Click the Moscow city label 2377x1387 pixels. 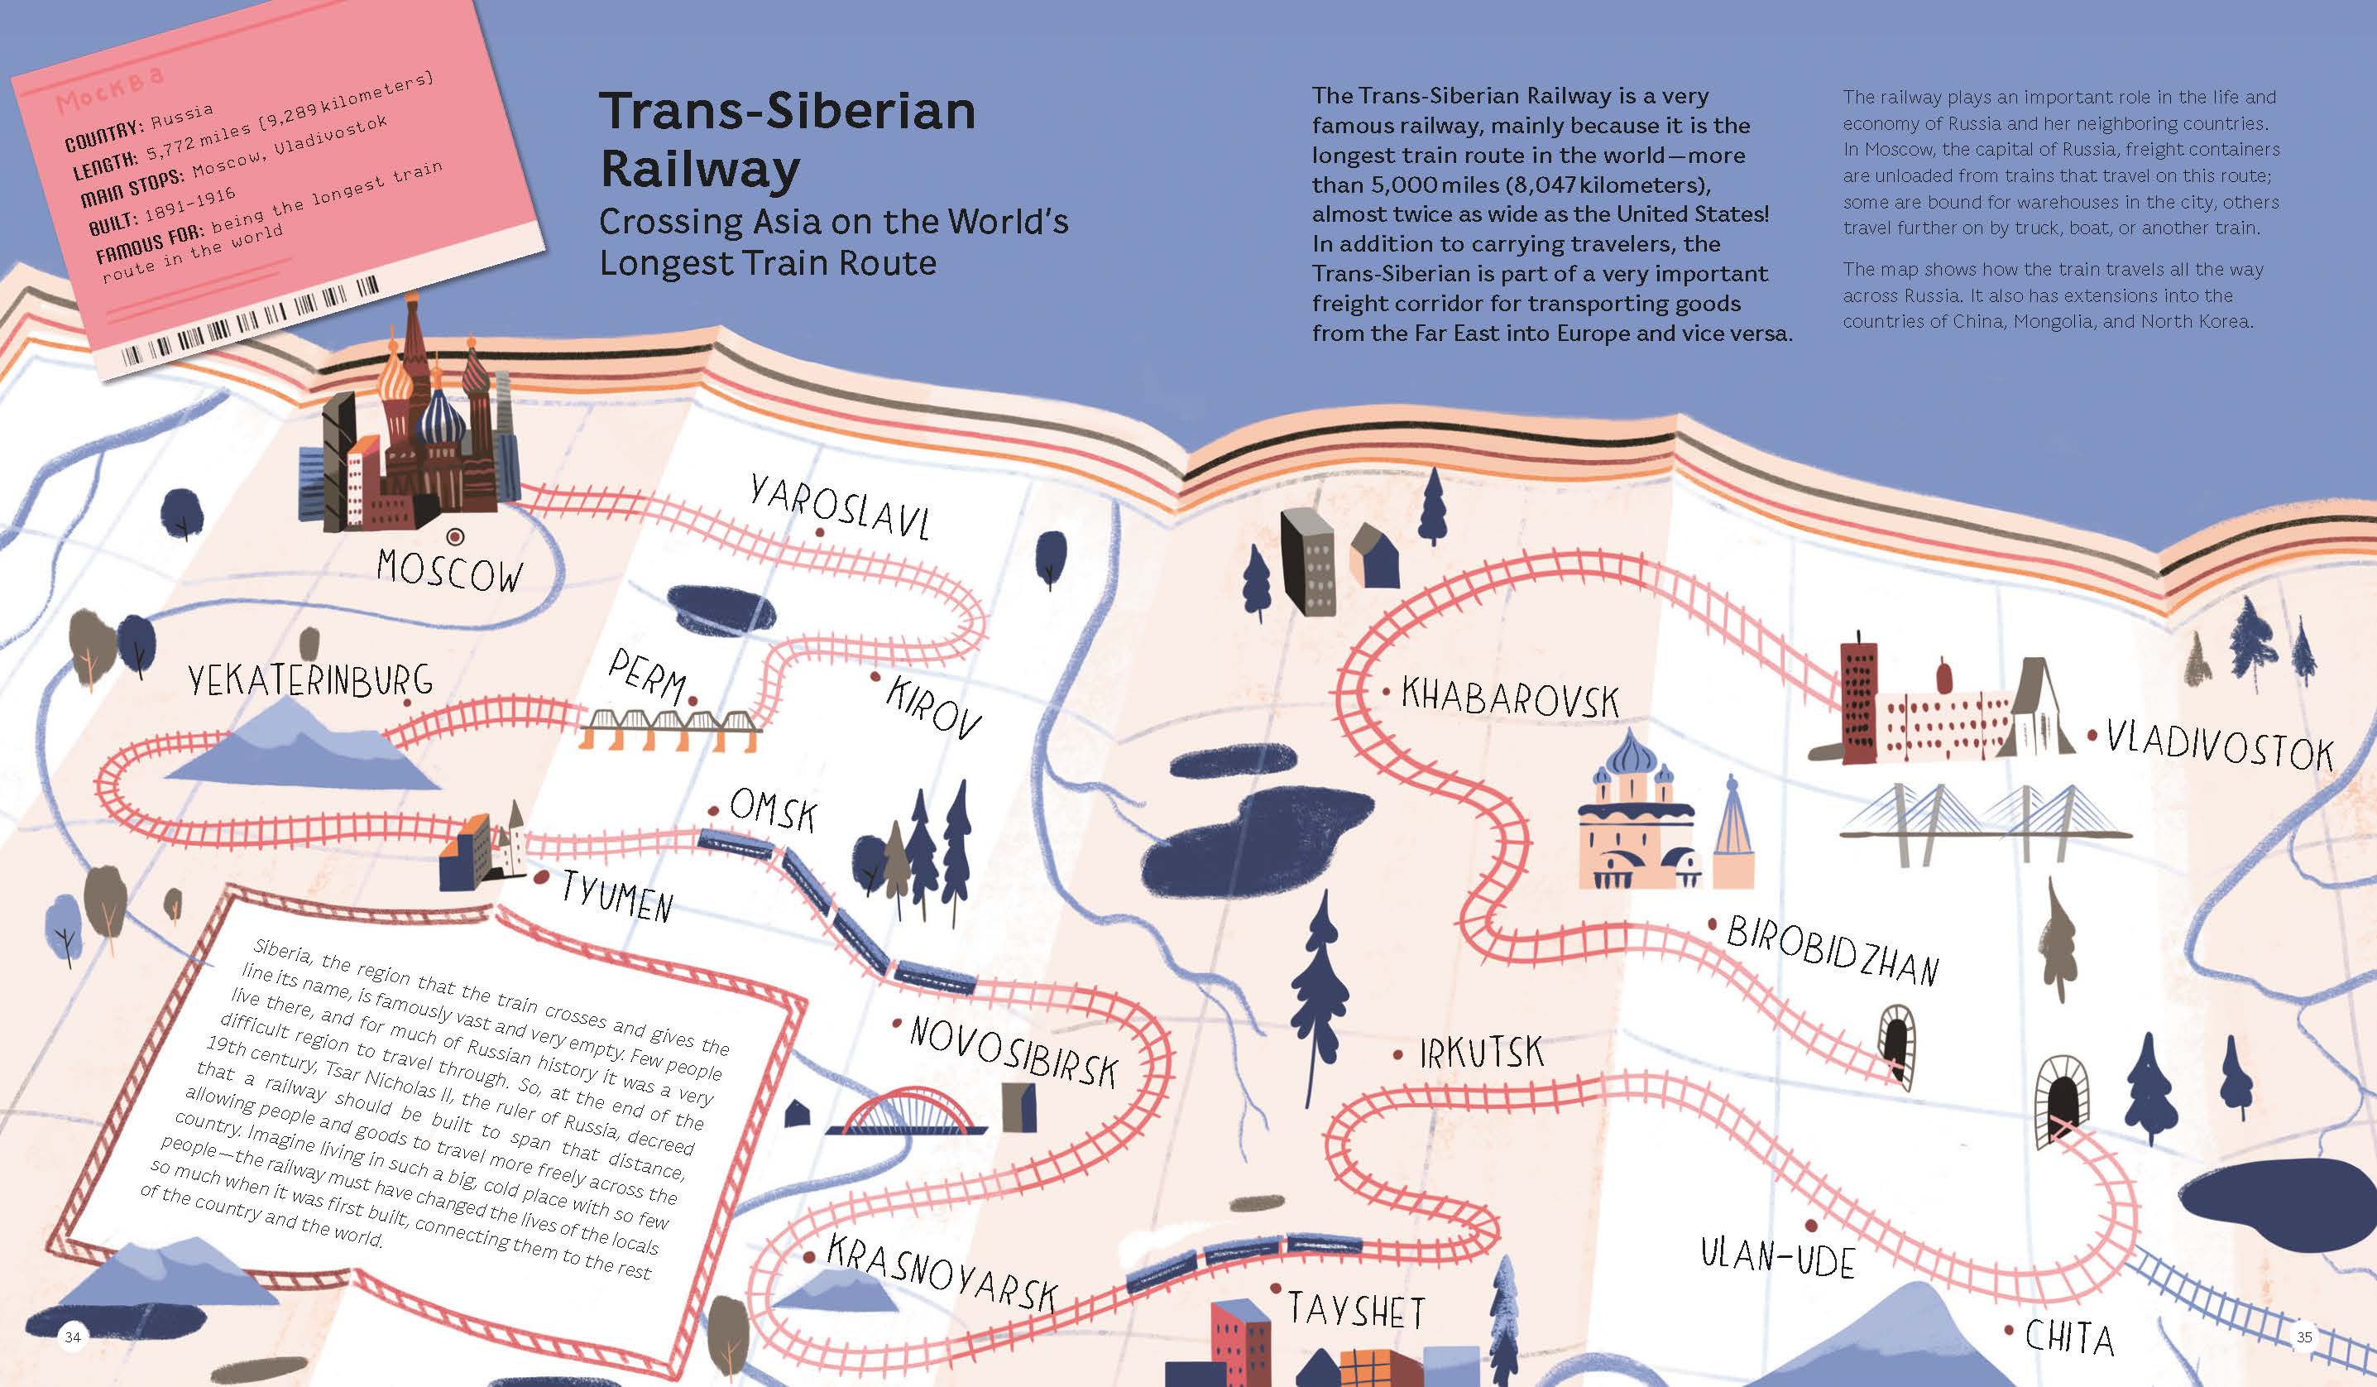(449, 571)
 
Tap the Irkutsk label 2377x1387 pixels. (1482, 1052)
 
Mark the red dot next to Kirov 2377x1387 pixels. (875, 676)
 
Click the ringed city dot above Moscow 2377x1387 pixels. (456, 537)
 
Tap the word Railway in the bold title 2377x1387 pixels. (700, 170)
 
